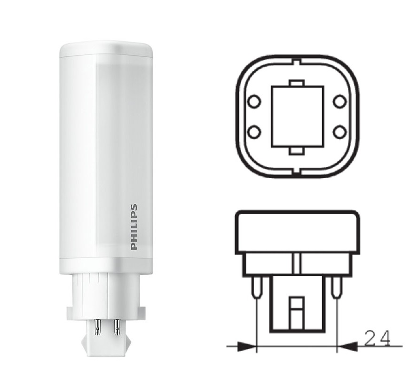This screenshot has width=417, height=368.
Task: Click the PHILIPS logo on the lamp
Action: pos(134,227)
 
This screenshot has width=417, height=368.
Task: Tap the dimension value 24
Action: pos(378,338)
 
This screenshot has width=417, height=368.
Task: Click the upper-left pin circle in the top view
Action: pos(254,102)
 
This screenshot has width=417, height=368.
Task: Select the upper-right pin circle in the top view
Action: pos(340,102)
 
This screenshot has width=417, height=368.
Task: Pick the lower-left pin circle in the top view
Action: pos(254,132)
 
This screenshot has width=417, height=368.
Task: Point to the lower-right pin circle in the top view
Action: pos(340,132)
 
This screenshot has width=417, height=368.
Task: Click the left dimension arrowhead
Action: pos(246,346)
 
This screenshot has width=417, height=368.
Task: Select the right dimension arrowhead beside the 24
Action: pos(347,346)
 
